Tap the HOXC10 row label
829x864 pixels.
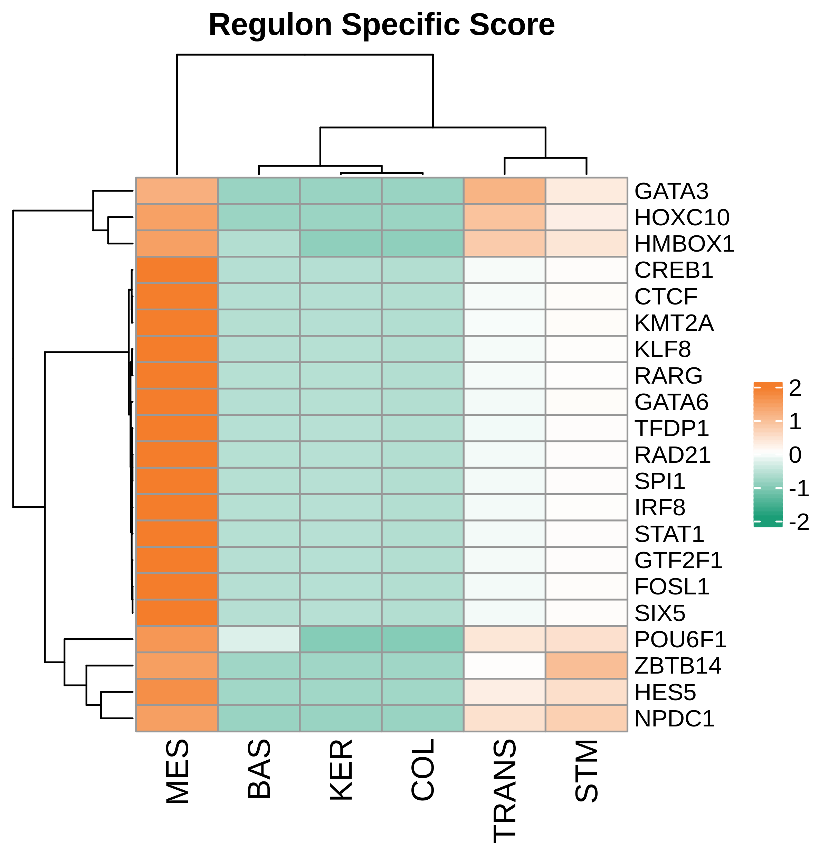[682, 217]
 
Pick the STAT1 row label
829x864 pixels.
[669, 534]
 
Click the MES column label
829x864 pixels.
[178, 771]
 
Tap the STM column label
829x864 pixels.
[586, 771]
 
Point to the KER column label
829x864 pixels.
[341, 770]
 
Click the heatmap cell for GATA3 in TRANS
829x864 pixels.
[504, 191]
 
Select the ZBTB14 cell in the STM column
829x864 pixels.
[586, 666]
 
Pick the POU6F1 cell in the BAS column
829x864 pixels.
[259, 639]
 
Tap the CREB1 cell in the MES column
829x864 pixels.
[177, 270]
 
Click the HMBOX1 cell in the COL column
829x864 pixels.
[422, 243]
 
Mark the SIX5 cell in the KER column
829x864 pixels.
[341, 613]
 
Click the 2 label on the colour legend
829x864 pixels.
[795, 388]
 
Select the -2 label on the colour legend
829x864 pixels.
[799, 522]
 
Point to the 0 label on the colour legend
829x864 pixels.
[795, 455]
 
